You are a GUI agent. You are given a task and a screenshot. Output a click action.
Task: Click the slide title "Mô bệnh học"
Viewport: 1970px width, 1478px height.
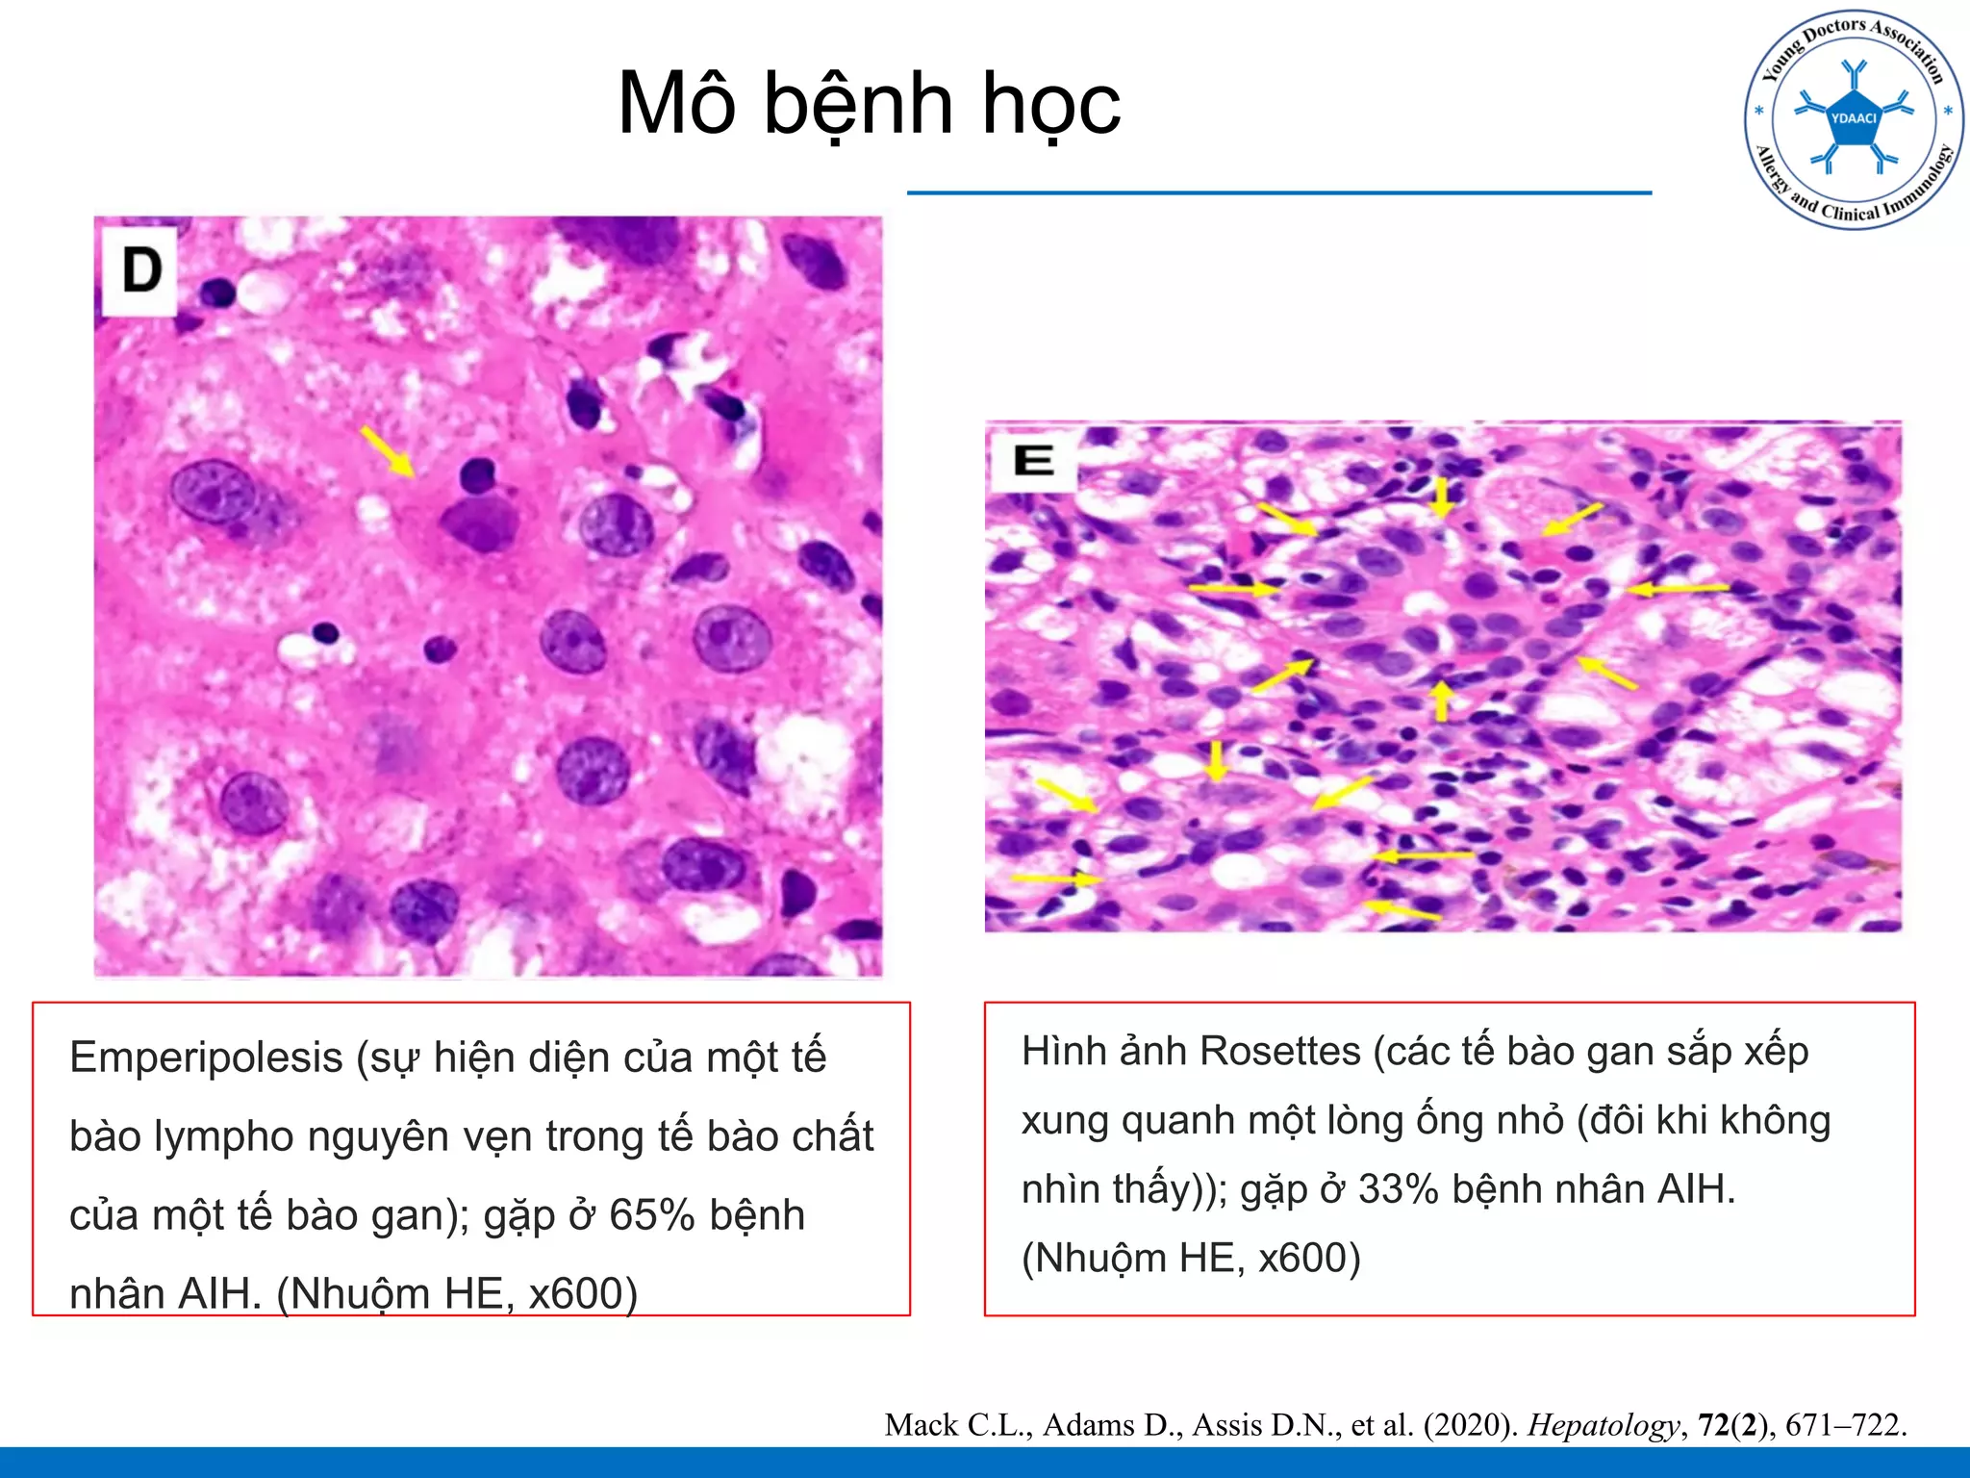[x=869, y=104]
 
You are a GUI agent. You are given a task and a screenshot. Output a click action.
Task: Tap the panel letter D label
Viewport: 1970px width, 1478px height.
[x=141, y=270]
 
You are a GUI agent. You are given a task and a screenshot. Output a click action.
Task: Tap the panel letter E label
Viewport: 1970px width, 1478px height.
[x=1033, y=461]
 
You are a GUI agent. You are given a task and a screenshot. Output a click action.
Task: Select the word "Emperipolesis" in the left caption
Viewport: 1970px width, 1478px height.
[x=206, y=1058]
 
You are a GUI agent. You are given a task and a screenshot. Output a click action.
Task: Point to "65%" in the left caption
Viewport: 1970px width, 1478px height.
[x=652, y=1215]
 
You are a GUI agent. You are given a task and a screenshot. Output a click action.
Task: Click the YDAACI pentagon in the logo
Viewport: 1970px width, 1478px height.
[x=1854, y=119]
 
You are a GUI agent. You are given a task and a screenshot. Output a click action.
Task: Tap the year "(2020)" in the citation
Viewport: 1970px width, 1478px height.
[x=1466, y=1425]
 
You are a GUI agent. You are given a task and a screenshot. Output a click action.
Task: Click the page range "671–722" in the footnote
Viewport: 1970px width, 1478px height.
[x=1845, y=1425]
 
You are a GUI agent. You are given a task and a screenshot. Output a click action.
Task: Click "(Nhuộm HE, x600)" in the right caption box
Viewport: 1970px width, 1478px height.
[x=1191, y=1259]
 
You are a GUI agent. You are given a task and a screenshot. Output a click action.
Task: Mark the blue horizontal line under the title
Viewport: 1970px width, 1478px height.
[x=1278, y=193]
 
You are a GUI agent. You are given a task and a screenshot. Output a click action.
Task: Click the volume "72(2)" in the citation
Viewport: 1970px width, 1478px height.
[x=1736, y=1425]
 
